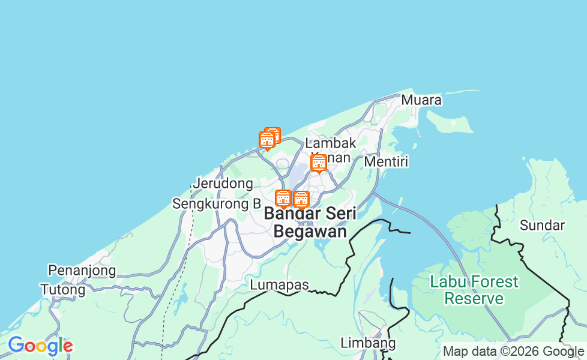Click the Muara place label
[x=421, y=100]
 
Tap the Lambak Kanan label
[x=330, y=150]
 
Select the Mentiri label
[x=386, y=162]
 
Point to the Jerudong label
[x=223, y=184]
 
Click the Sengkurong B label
[x=217, y=204]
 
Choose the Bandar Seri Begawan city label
[x=310, y=222]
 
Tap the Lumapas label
[x=280, y=285]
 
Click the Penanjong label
[x=82, y=271]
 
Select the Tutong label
[x=62, y=290]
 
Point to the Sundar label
[x=542, y=226]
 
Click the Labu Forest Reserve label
[x=474, y=290]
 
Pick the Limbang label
[x=368, y=343]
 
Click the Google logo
[x=40, y=346]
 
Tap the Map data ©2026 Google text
[x=513, y=352]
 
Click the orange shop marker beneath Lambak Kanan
[x=319, y=163]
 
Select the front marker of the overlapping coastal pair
[x=267, y=140]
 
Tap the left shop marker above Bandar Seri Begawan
[x=283, y=198]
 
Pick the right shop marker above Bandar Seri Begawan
[x=301, y=199]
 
